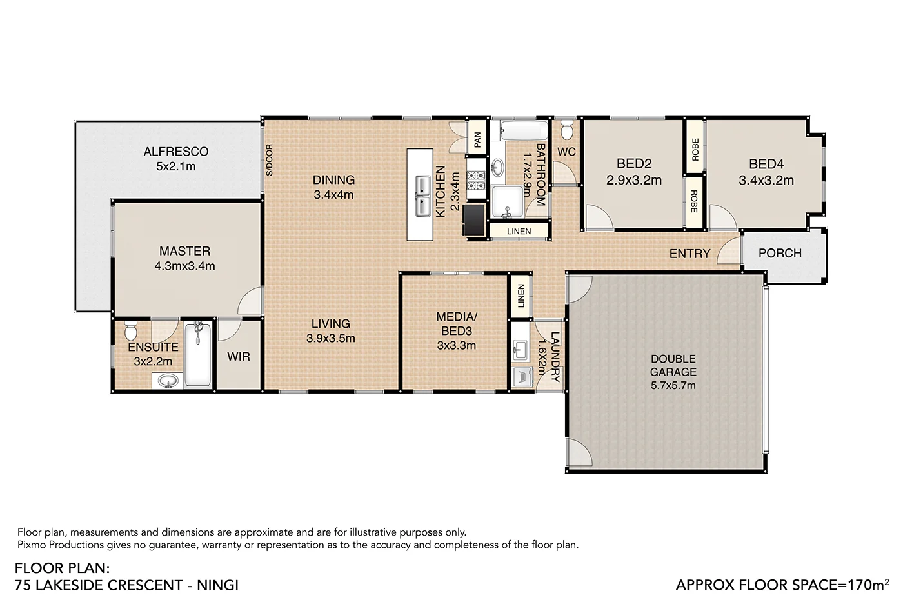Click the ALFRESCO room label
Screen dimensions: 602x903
click(175, 152)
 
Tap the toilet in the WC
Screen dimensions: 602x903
click(567, 132)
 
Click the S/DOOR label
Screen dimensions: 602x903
click(270, 160)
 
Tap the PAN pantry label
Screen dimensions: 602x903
click(477, 140)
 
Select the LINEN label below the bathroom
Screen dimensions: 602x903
click(519, 231)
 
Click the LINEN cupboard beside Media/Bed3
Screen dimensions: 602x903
click(521, 296)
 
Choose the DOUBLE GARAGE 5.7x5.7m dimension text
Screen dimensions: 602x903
click(673, 386)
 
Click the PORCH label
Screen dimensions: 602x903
click(780, 254)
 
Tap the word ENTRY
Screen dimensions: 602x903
click(690, 254)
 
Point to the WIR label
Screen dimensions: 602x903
click(238, 357)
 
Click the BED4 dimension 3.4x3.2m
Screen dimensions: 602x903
click(766, 181)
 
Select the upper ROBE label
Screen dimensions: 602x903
click(695, 150)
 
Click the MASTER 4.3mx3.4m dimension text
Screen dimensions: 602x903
click(184, 266)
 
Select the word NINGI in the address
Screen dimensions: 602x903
click(217, 585)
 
